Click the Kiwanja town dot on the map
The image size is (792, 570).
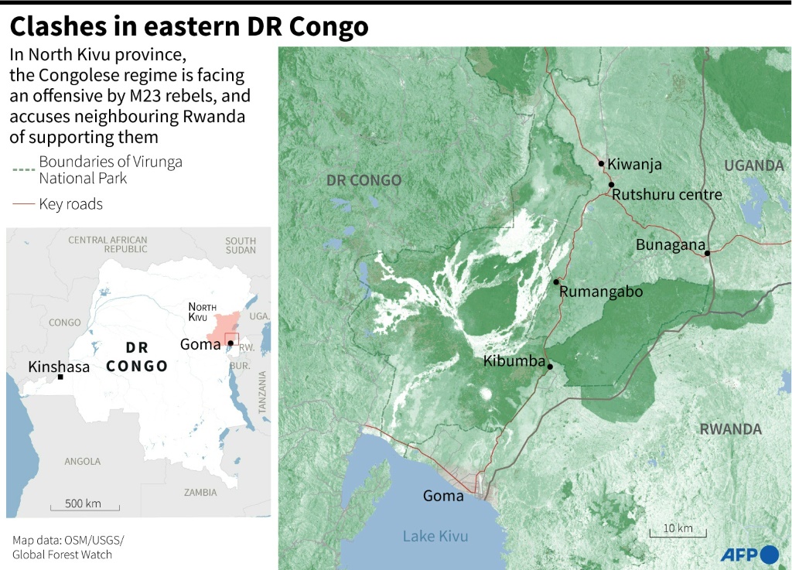tap(600, 163)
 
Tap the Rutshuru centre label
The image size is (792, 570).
tap(667, 194)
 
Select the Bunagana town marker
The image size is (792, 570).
tap(707, 252)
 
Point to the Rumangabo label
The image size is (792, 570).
tap(600, 292)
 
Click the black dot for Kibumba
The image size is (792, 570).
tap(549, 367)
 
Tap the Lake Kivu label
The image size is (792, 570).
tap(435, 536)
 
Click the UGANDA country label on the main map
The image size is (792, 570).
tap(753, 166)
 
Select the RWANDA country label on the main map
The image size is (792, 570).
tap(730, 429)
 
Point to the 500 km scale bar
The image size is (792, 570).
tap(84, 508)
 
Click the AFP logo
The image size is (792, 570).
tap(749, 554)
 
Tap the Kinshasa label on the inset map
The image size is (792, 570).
tap(59, 367)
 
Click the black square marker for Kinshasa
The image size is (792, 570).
tap(60, 377)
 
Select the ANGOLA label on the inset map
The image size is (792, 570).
tap(83, 462)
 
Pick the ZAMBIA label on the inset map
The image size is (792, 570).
tap(200, 492)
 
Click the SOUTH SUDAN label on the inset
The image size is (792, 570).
tap(241, 245)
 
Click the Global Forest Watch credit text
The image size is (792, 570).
tap(62, 555)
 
